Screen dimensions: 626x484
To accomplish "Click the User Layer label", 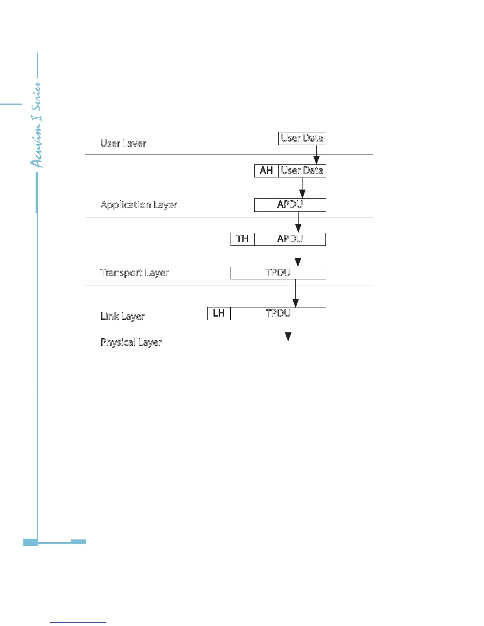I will pyautogui.click(x=123, y=143).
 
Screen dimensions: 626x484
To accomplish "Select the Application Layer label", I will pyautogui.click(x=139, y=205).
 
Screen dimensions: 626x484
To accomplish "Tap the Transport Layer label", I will pyautogui.click(x=134, y=273).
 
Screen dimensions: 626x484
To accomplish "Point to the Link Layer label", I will pyautogui.click(x=123, y=316).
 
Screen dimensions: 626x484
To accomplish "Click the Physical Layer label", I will pyautogui.click(x=131, y=342).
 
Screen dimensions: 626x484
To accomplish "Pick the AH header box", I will pyautogui.click(x=267, y=171).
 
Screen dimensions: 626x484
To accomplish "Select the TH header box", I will pyautogui.click(x=242, y=239).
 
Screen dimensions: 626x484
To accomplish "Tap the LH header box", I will pyautogui.click(x=219, y=313).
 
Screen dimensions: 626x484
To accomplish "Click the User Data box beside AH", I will pyautogui.click(x=302, y=171).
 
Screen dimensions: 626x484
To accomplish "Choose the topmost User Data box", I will pyautogui.click(x=302, y=138).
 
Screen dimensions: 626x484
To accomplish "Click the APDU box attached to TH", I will pyautogui.click(x=290, y=239).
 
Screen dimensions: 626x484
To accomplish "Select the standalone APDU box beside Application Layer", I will pyautogui.click(x=290, y=205).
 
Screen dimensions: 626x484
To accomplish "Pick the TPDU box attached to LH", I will pyautogui.click(x=278, y=313).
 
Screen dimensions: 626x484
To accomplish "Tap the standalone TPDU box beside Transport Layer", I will pyautogui.click(x=278, y=273).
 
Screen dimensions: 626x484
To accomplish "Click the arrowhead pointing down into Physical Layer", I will pyautogui.click(x=288, y=336).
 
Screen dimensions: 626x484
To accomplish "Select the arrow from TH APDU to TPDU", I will pyautogui.click(x=298, y=257).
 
